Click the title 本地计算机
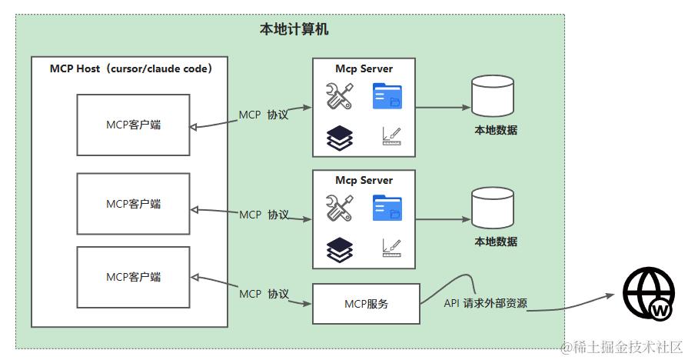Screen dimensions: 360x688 tap(294, 29)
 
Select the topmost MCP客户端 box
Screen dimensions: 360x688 tap(133, 124)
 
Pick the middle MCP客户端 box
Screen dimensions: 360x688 tap(133, 204)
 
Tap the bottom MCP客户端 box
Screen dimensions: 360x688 tap(133, 277)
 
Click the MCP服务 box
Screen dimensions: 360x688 tap(366, 304)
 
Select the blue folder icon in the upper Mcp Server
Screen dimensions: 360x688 tap(387, 96)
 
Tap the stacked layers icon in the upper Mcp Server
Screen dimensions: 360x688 tap(340, 137)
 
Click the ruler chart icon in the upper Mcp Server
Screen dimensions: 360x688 tap(391, 136)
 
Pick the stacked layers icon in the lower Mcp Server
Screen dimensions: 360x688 tap(340, 248)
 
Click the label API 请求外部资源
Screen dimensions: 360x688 tap(485, 303)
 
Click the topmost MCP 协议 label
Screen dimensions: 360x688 tap(263, 115)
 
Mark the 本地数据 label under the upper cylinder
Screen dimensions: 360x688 tap(495, 131)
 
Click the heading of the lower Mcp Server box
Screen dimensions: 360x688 tap(364, 181)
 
